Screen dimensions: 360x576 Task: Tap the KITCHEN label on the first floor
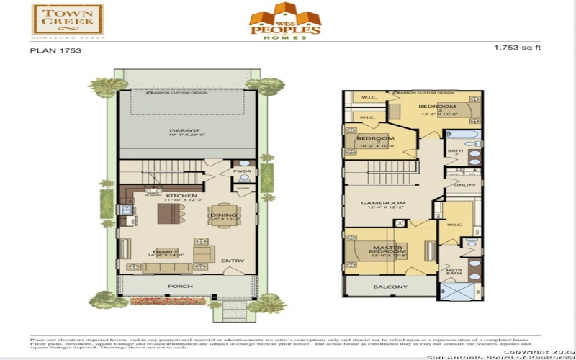[178, 195]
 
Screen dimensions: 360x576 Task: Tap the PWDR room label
[241, 171]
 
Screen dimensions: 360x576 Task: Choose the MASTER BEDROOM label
[386, 251]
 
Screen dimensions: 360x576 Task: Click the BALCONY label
[390, 287]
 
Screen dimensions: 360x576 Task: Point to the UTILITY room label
[464, 185]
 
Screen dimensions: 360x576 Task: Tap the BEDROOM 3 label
[438, 107]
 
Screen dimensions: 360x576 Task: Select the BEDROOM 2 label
[374, 139]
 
